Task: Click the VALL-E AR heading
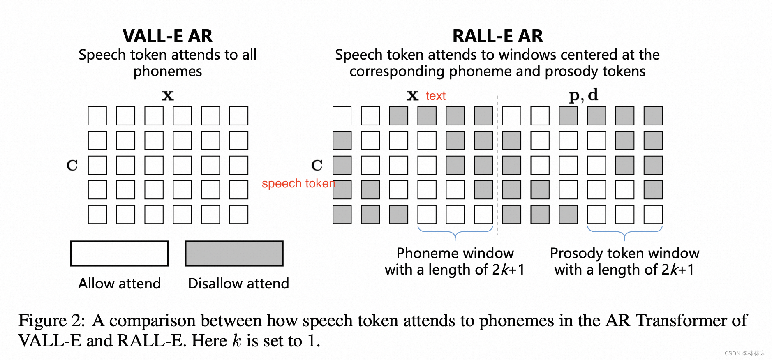point(168,36)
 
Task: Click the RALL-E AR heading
point(497,36)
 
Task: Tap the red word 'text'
point(435,96)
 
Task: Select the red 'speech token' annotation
point(298,183)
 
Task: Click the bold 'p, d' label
point(583,95)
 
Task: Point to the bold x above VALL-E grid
point(168,96)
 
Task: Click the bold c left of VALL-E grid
point(72,165)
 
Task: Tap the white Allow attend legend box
point(119,254)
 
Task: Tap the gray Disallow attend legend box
point(234,254)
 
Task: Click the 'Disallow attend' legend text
point(238,284)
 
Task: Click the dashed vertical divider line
point(497,164)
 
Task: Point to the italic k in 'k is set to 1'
point(237,341)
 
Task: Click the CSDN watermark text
point(744,353)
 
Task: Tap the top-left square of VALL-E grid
point(97,116)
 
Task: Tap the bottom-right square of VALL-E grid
point(239,215)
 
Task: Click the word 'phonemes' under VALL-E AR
point(168,72)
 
